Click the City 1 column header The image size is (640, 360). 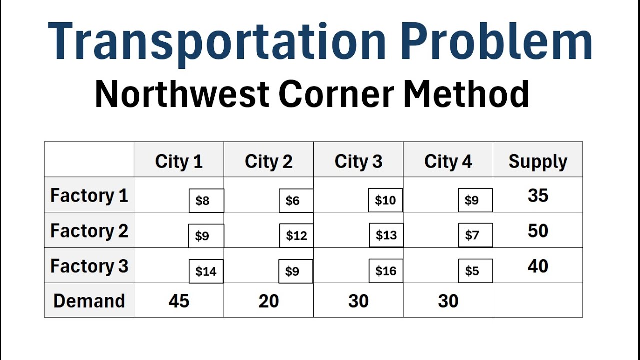(x=179, y=161)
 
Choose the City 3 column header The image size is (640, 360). (x=358, y=161)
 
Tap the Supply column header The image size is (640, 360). (x=538, y=161)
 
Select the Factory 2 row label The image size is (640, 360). (x=89, y=231)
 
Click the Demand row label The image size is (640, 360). (x=89, y=301)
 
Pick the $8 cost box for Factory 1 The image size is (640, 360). (x=206, y=201)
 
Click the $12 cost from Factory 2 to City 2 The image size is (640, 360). (x=296, y=236)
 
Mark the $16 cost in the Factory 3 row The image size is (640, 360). (x=386, y=271)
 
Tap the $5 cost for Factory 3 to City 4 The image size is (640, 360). (x=475, y=271)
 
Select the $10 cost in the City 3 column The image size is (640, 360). (x=385, y=201)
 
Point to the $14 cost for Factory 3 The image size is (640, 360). (x=206, y=271)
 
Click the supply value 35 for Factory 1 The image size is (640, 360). (x=538, y=195)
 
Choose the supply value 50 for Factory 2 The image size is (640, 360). (x=538, y=231)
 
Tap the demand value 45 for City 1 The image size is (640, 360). (x=179, y=301)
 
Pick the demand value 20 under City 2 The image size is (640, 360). (x=268, y=301)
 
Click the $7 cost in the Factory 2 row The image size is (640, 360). (x=475, y=236)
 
